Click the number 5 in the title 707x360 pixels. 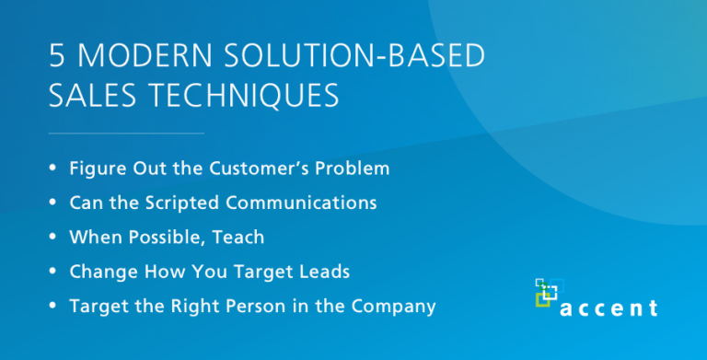point(57,57)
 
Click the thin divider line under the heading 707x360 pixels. point(126,134)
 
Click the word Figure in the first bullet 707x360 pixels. point(96,168)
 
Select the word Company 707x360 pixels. point(395,307)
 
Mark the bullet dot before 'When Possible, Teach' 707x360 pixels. point(53,238)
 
